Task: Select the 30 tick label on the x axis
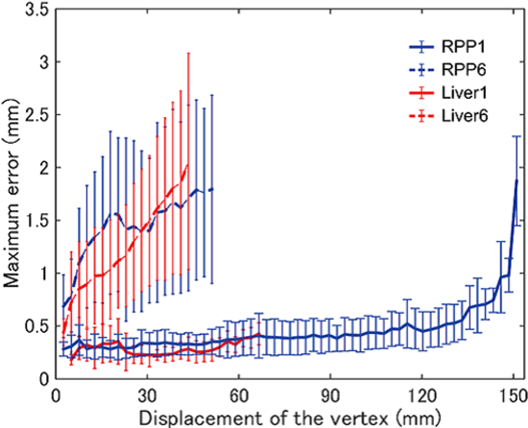click(147, 395)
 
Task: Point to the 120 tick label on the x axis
click(422, 395)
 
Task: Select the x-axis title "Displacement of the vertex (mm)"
click(284, 416)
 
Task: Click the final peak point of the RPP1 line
click(516, 180)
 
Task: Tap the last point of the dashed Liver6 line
click(188, 165)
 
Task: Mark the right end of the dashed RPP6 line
click(211, 189)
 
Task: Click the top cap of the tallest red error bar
click(188, 53)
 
